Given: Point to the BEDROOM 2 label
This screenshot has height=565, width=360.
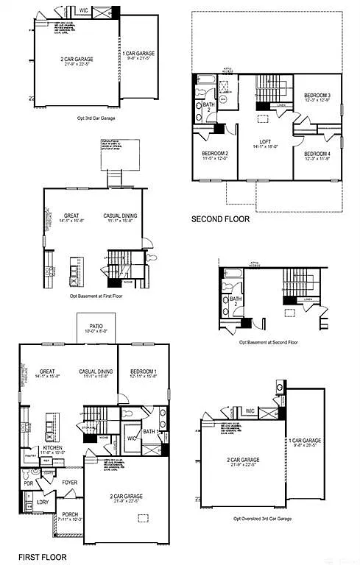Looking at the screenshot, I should (x=216, y=153).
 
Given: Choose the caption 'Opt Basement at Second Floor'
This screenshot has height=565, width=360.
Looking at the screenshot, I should (x=268, y=342).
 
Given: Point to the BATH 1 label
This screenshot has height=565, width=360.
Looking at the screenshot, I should (x=149, y=432).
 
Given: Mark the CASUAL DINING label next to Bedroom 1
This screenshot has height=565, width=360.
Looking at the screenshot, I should (x=96, y=372).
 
